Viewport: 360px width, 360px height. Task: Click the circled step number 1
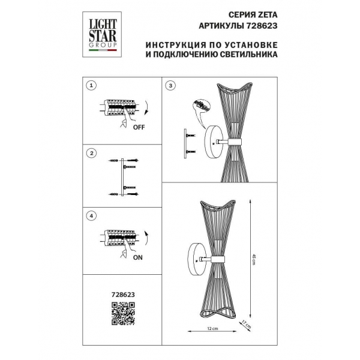point(91,86)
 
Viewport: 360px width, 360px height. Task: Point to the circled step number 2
point(91,154)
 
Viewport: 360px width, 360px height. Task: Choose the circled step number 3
point(172,86)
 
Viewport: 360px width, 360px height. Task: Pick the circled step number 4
point(91,215)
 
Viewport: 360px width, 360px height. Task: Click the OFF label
point(139,127)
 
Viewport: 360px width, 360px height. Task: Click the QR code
point(124,314)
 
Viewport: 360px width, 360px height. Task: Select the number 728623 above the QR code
point(124,295)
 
